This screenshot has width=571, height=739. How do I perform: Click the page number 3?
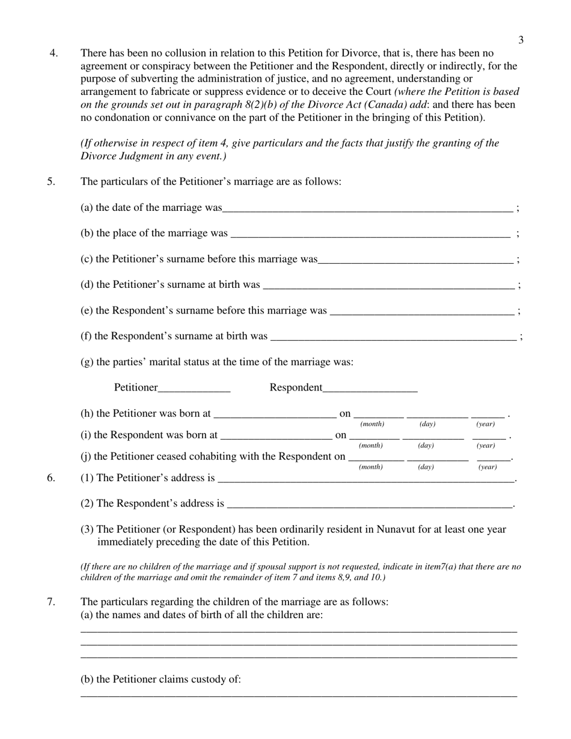(521, 40)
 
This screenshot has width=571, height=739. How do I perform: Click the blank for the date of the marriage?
(367, 208)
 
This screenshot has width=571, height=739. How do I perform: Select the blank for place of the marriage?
(370, 234)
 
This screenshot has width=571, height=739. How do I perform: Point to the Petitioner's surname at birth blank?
(389, 285)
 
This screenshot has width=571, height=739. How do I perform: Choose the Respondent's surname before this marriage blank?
(422, 311)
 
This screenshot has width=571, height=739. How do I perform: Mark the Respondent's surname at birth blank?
(393, 336)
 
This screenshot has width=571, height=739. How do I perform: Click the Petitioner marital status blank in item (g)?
(194, 388)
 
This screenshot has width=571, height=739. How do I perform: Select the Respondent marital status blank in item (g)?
(370, 388)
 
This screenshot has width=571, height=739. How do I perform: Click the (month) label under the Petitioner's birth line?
(372, 424)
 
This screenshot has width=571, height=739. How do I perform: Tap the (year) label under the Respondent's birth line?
(486, 446)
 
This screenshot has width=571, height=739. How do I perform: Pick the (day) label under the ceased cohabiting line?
(426, 467)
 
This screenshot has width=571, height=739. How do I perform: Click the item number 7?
(51, 602)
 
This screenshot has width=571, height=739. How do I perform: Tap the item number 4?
(53, 53)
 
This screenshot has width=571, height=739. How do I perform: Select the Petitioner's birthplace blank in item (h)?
(275, 414)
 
